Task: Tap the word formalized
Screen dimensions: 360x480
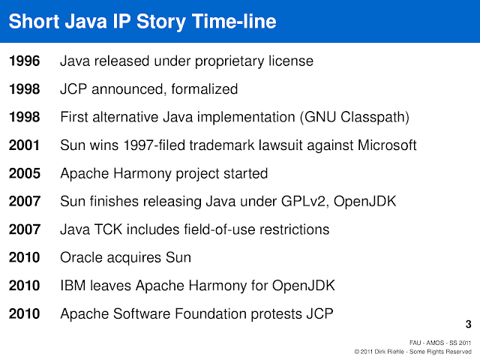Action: coord(205,89)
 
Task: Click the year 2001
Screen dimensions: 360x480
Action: coord(25,145)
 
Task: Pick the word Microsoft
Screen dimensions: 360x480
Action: coord(382,145)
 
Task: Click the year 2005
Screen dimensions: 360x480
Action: coord(25,173)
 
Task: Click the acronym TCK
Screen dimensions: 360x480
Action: coord(108,229)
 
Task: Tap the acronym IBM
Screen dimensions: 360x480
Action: coord(73,286)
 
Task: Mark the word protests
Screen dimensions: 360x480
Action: coord(275,313)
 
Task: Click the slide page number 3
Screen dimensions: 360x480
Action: coord(468,325)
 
